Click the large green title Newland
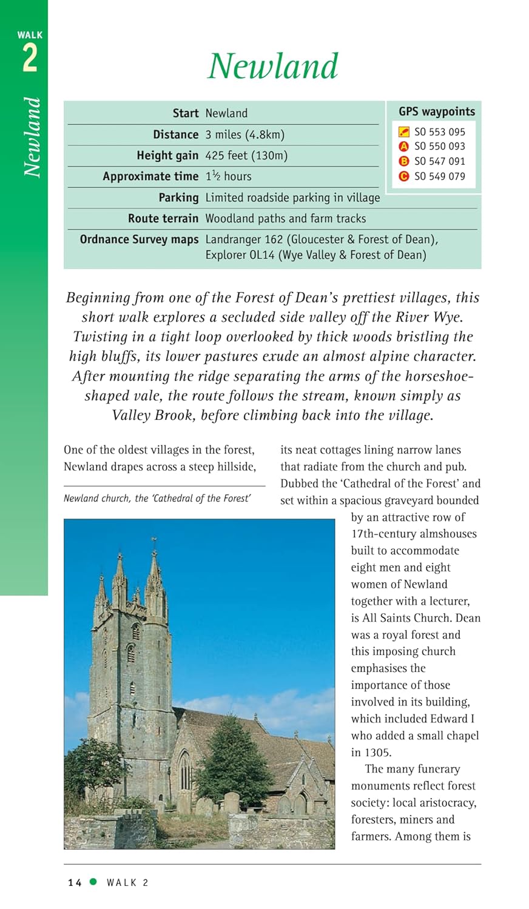(273, 66)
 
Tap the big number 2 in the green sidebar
(30, 59)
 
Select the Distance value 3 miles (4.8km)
(244, 135)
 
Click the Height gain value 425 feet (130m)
(246, 156)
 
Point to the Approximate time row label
(150, 176)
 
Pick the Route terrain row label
(163, 218)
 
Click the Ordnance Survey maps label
(139, 239)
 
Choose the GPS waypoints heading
(437, 112)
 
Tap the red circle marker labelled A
(404, 147)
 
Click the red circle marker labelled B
(404, 162)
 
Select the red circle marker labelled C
(404, 176)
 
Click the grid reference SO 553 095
(440, 132)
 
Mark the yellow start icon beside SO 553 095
(404, 132)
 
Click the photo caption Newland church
(157, 498)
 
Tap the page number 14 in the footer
(75, 883)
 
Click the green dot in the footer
(93, 882)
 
